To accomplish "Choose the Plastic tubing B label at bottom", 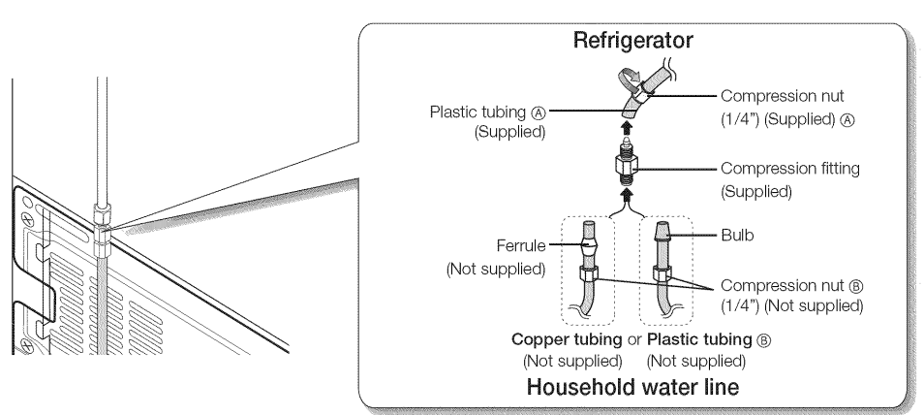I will tap(713, 343).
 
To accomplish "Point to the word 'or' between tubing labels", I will tap(632, 343).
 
